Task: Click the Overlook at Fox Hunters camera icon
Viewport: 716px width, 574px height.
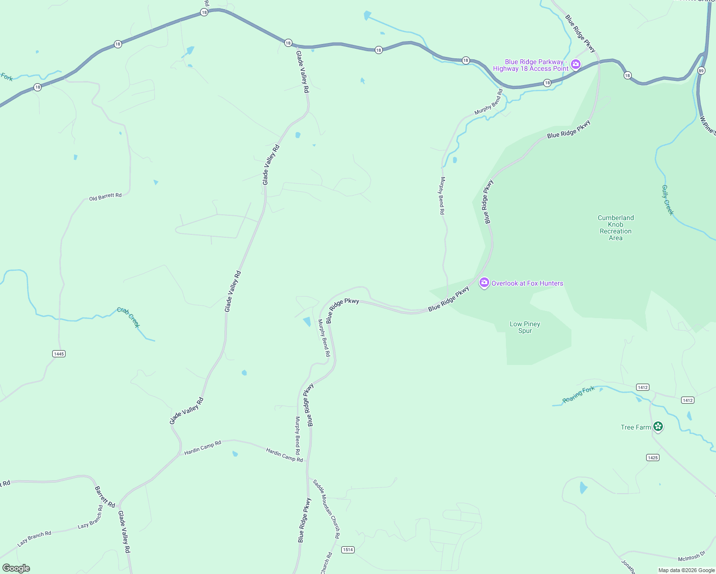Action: (484, 283)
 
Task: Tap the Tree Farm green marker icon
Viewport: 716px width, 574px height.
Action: (658, 426)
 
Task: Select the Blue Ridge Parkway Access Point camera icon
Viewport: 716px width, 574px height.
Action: (576, 64)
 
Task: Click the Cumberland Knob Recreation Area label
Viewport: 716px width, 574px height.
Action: (615, 228)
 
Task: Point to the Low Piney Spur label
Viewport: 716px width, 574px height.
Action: (525, 327)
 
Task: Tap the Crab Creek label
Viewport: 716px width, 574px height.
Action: (129, 317)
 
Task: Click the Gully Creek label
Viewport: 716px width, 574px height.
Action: (668, 200)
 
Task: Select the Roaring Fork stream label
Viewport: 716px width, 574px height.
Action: (578, 395)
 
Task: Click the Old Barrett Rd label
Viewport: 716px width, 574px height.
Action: (105, 197)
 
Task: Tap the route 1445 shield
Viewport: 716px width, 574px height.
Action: (58, 353)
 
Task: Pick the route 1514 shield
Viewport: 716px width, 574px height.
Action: (348, 550)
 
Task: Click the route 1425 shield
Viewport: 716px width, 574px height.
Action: (653, 457)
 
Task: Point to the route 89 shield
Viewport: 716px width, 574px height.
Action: (701, 70)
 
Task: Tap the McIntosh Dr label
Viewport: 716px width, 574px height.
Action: (692, 556)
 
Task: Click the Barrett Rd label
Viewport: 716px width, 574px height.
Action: (105, 497)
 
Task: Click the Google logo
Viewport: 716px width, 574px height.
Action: (16, 568)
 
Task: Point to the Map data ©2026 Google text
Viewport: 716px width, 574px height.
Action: (686, 570)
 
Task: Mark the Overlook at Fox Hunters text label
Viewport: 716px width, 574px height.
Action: (527, 283)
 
